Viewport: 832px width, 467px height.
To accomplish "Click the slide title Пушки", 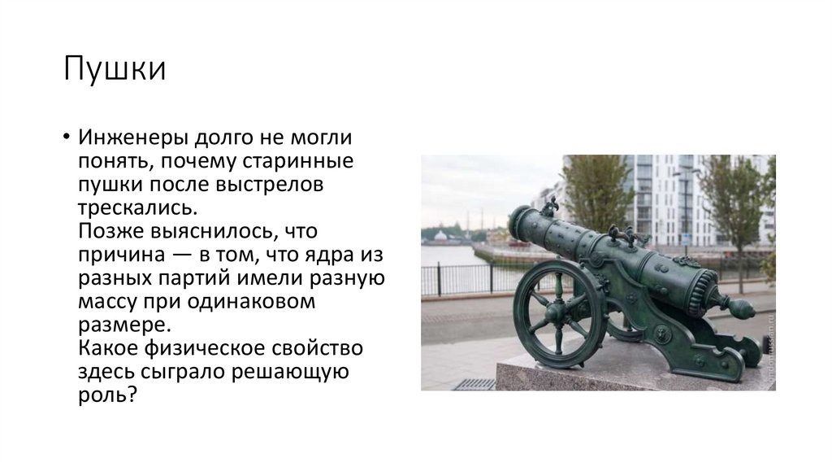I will point(115,69).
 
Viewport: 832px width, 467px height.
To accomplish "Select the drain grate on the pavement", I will point(474,384).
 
